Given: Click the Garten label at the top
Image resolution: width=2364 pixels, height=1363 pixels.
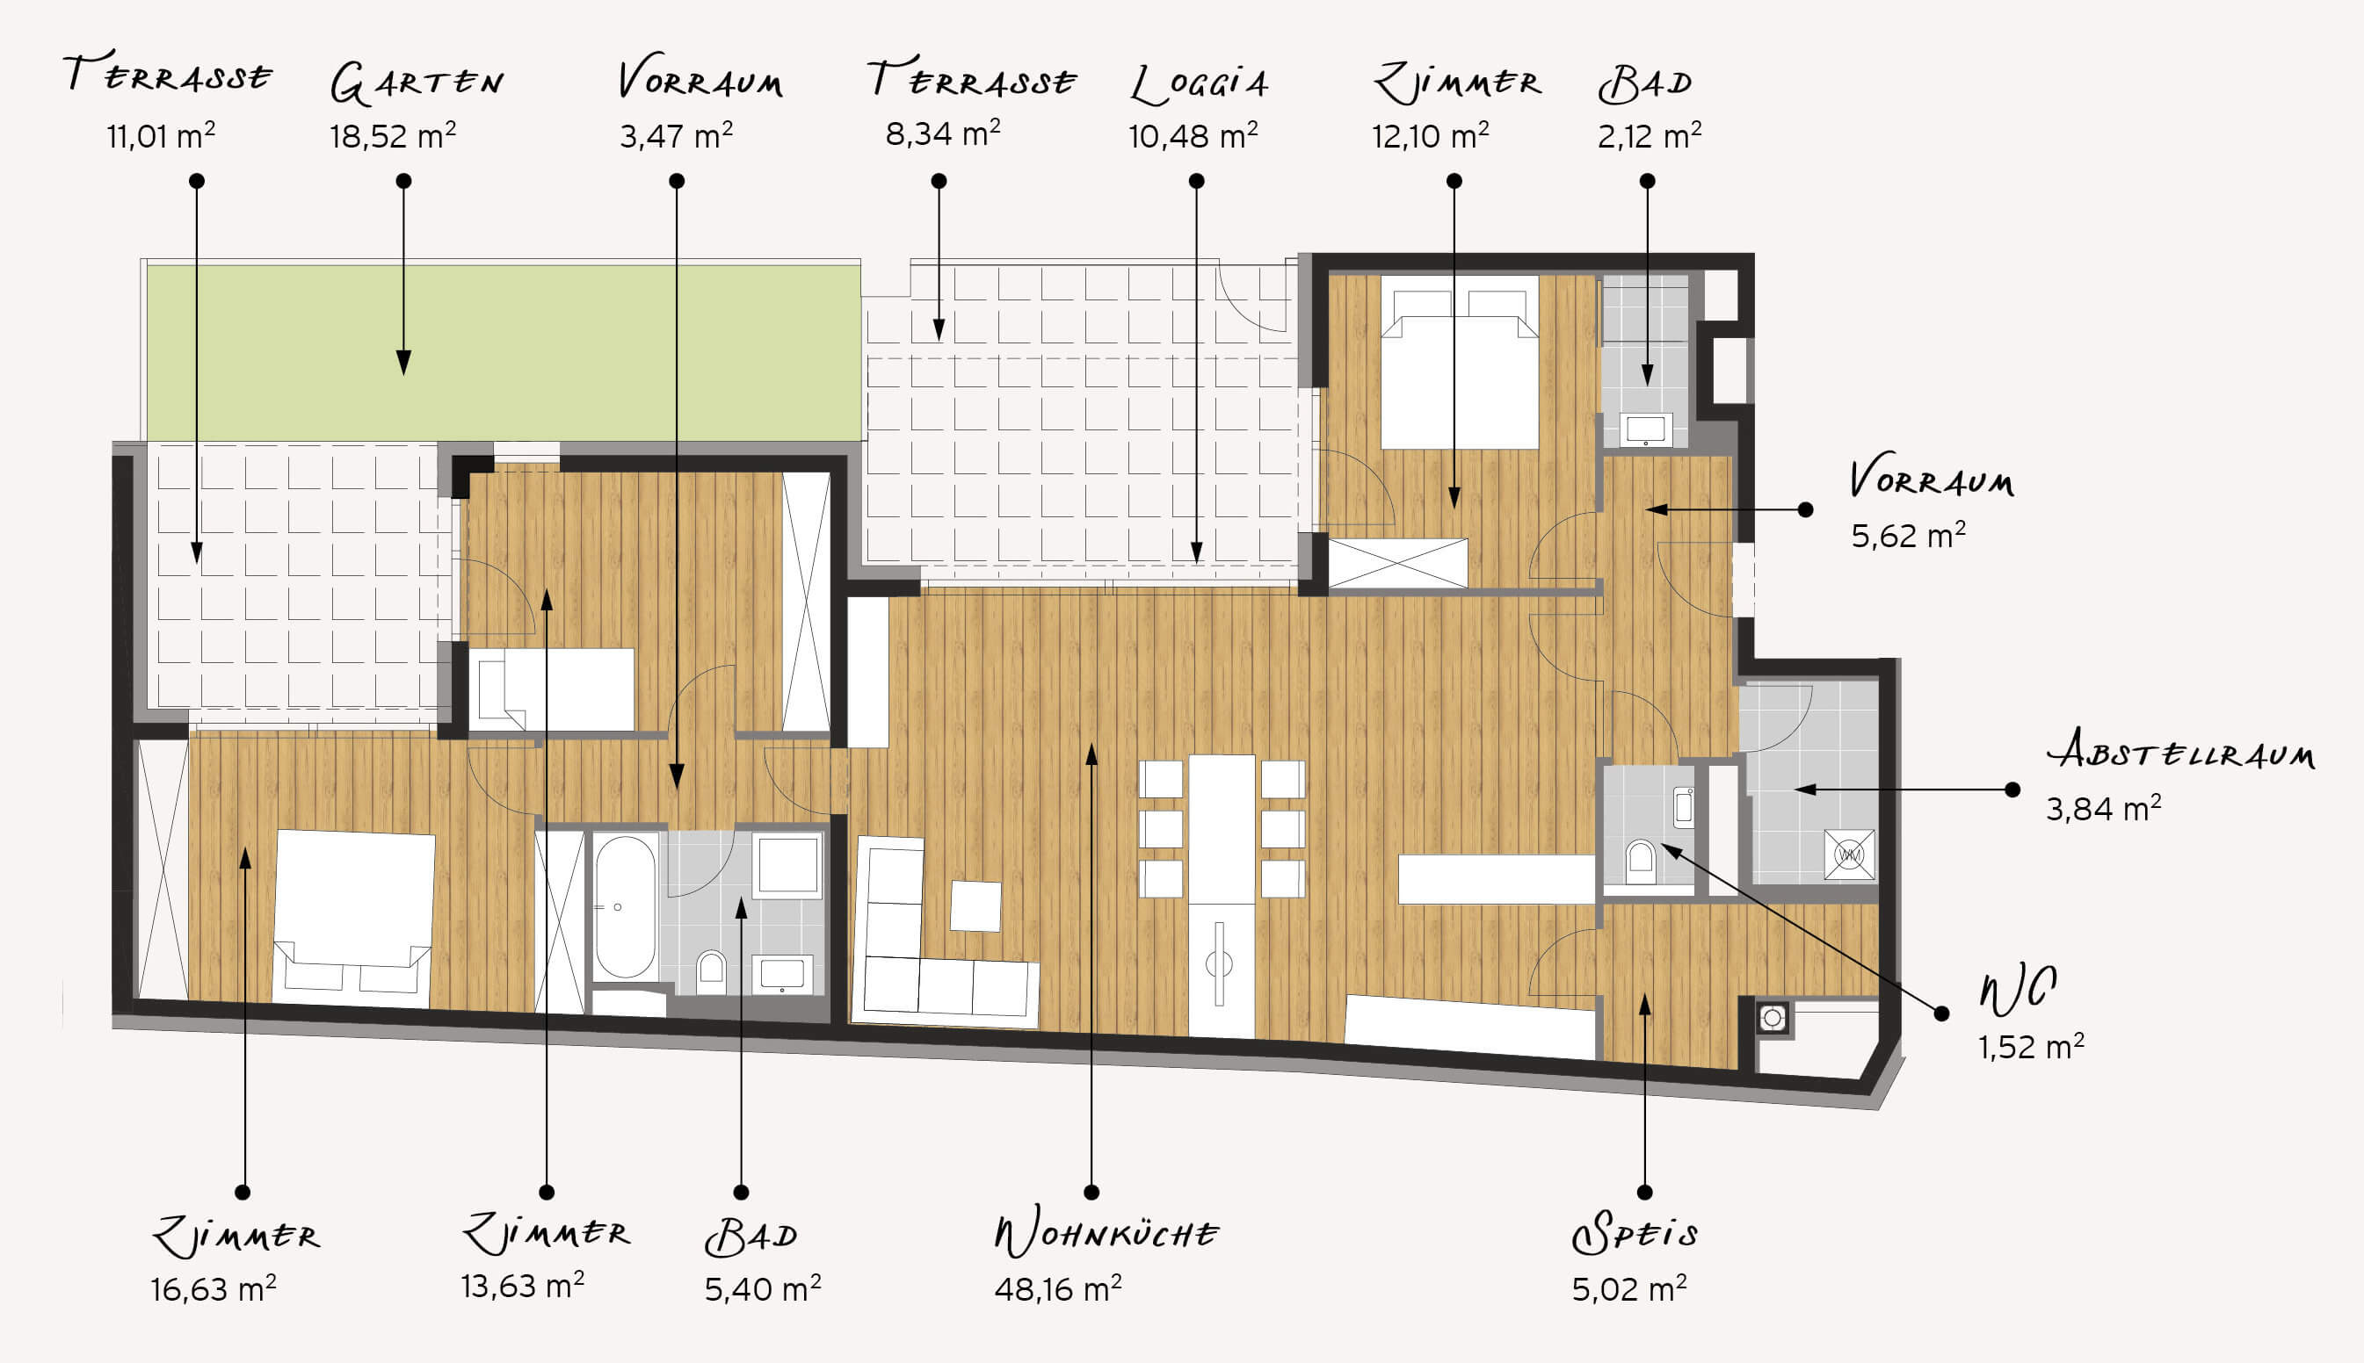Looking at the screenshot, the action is pos(417,83).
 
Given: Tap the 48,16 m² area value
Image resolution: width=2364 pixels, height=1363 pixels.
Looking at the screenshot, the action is pos(1057,1288).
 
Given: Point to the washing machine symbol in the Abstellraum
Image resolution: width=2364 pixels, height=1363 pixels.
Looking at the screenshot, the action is pos(1849,854).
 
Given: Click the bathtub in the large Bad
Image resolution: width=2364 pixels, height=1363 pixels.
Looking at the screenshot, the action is pos(625,906).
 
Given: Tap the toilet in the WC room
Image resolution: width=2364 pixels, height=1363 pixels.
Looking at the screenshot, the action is pos(1640,861).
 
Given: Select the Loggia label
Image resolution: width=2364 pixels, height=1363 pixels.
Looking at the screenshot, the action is pos(1200,84).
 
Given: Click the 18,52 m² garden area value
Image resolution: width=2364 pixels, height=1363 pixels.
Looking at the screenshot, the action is pos(393,137).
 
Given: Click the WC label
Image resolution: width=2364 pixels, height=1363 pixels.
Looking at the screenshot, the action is pos(2018,990).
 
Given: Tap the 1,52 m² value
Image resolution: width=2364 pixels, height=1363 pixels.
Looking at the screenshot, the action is pos(2031,1046).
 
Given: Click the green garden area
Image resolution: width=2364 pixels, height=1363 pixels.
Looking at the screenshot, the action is pos(504,352).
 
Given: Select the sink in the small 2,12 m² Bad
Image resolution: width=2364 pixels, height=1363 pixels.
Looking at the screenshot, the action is pos(1646,429).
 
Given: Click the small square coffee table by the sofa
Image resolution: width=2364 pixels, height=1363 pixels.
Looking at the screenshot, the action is pos(976,905).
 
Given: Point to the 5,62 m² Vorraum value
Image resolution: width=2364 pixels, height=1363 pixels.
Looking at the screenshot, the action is pos(1908,536).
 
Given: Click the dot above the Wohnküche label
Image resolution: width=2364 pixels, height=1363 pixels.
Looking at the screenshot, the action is pos(1091,1192).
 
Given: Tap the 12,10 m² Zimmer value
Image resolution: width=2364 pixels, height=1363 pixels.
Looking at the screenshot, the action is pos(1430,137).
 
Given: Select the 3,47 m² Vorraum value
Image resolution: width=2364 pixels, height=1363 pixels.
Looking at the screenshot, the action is pos(675,136).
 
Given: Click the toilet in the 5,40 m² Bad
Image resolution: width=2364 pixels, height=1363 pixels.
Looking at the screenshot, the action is pos(712,973).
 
